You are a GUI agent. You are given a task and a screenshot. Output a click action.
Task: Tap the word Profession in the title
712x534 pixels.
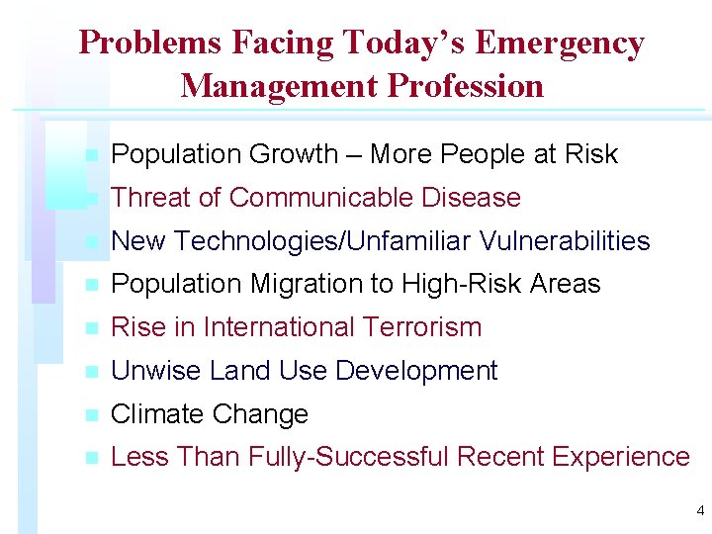coord(466,86)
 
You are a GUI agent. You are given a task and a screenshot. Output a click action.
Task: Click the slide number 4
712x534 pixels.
coord(700,511)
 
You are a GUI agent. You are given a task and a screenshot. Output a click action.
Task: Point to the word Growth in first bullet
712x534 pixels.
coord(294,154)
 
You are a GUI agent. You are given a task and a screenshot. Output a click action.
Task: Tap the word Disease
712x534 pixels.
coord(471,198)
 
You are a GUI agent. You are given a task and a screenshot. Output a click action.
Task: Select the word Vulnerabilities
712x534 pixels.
coord(565,241)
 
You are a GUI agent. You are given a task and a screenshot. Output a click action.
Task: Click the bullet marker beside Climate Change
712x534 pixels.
coord(91,415)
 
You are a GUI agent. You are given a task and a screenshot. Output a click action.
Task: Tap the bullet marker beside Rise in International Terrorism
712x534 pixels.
coord(91,328)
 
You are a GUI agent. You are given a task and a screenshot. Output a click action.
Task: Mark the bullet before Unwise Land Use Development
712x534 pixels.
coord(91,372)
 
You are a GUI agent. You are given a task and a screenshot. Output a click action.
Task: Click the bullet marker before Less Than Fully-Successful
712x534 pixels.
coord(91,458)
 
